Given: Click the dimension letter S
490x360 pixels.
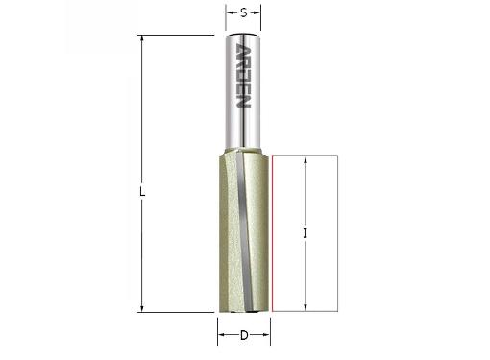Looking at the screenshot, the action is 244,13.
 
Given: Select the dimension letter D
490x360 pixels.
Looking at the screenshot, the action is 244,335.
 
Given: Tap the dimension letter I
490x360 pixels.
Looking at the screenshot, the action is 305,233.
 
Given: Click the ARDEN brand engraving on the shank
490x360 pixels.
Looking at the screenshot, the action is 243,76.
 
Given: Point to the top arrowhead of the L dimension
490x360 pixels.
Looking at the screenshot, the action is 142,39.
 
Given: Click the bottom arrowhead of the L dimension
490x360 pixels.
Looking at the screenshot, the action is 142,307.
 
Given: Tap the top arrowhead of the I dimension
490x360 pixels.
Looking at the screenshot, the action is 306,161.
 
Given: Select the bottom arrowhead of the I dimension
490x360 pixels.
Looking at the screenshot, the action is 306,307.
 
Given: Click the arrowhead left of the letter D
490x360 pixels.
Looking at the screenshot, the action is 222,335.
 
